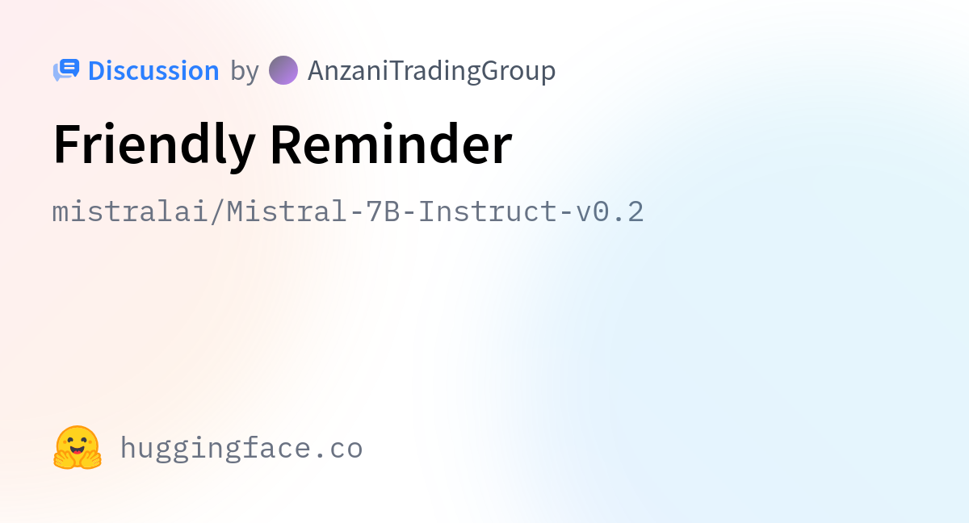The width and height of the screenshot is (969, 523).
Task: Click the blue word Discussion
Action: click(x=153, y=70)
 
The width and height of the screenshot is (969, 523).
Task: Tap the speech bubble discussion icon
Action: click(x=66, y=70)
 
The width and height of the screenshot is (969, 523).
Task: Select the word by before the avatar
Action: click(x=245, y=72)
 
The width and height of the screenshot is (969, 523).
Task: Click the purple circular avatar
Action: click(x=283, y=70)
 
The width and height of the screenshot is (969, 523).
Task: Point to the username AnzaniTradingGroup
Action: click(x=431, y=71)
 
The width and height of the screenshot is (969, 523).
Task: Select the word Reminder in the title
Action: click(x=392, y=144)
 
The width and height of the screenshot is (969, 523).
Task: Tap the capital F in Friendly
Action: click(x=67, y=144)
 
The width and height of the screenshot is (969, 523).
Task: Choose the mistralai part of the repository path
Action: click(x=130, y=211)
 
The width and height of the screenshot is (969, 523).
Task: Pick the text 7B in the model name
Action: click(x=383, y=211)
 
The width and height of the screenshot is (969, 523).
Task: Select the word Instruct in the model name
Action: click(x=487, y=211)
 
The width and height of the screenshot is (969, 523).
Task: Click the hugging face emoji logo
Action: click(x=78, y=447)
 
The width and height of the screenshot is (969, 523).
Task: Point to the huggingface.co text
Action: click(x=241, y=449)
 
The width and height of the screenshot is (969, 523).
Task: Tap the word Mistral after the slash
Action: click(x=287, y=211)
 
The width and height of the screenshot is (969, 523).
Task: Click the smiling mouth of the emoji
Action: click(x=78, y=451)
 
